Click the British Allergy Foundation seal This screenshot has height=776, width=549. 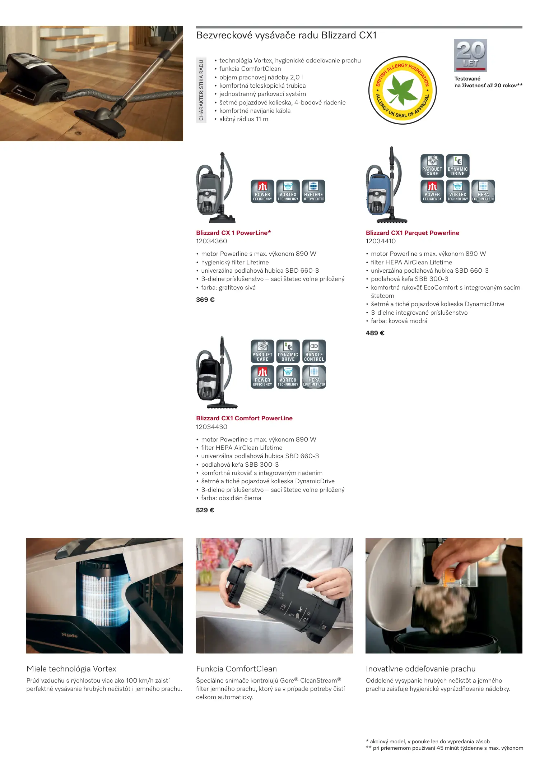403,90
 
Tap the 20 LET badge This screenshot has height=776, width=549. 471,55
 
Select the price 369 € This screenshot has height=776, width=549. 205,300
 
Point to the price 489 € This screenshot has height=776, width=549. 375,333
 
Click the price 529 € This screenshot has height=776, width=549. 205,510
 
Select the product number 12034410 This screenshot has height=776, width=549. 381,241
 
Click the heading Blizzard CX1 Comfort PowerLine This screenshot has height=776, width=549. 244,418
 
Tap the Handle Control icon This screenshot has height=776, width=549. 314,351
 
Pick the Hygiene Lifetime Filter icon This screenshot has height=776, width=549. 313,191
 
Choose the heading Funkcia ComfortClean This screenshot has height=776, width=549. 236,669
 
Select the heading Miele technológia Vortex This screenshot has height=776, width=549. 71,669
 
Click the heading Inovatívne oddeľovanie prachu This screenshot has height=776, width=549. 420,669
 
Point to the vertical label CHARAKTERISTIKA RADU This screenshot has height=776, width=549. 201,90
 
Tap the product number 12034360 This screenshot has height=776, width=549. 211,241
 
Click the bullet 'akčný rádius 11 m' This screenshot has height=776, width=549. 244,119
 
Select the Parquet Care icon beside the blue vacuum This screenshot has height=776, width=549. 432,166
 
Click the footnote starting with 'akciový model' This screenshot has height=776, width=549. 428,742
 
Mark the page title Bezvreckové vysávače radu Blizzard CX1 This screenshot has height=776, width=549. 286,36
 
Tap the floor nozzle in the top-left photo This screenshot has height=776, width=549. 102,120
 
